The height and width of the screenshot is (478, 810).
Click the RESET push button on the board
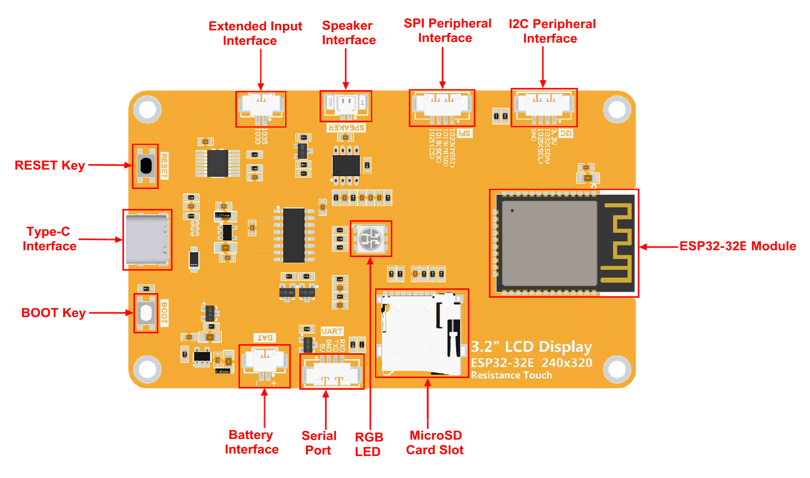146,165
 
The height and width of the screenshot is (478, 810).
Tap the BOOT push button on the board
146,313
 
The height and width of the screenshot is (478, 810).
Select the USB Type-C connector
147,239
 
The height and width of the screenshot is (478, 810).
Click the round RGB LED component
371,238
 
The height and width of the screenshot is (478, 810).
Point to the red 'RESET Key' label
50,165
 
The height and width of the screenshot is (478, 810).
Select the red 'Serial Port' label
319,443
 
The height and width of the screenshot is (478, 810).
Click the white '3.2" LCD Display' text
531,347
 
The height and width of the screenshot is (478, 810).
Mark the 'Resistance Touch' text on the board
511,375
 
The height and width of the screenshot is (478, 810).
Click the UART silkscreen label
332,331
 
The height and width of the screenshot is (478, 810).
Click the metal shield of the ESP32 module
549,243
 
